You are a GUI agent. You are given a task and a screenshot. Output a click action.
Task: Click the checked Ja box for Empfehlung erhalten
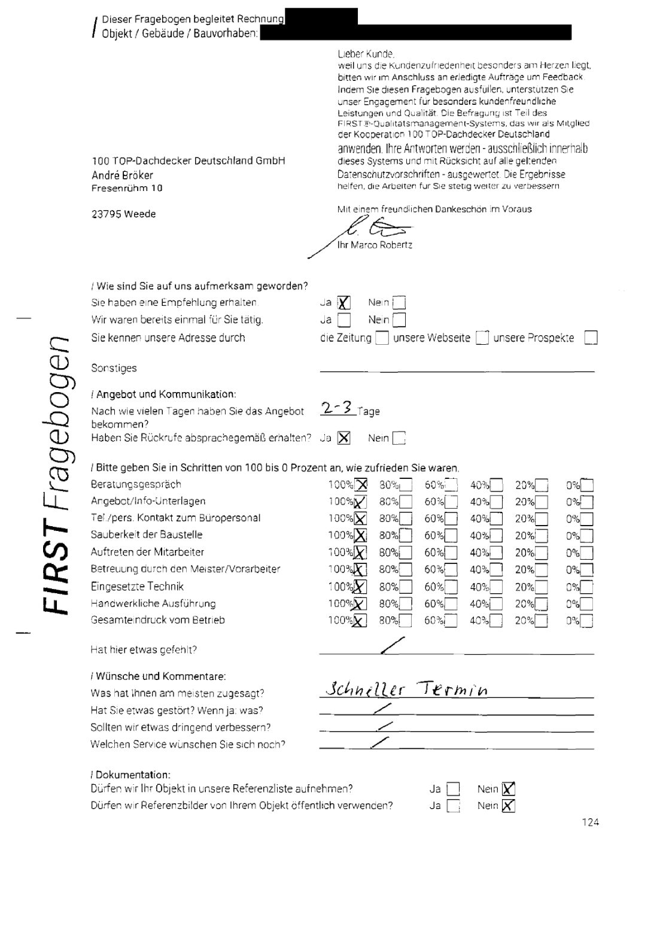point(344,303)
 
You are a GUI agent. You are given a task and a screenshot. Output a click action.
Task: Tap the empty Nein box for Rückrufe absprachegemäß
point(399,439)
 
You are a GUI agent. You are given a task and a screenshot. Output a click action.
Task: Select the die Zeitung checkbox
point(382,338)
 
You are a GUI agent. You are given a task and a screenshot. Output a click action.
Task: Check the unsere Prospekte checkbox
point(591,338)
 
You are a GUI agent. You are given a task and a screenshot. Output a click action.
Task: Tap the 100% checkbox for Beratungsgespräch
point(361,485)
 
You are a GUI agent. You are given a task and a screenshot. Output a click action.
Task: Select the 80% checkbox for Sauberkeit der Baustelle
point(406,536)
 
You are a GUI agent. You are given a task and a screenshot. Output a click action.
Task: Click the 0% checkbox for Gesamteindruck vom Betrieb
point(587,621)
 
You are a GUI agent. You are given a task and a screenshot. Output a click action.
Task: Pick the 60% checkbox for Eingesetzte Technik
point(451,587)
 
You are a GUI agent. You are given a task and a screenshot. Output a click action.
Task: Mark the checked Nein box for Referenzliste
point(509,789)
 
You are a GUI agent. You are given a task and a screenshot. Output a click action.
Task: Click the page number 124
point(590,822)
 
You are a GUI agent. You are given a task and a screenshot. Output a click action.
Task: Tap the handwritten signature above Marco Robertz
point(377,228)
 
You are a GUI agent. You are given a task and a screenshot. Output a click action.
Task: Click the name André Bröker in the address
point(122,175)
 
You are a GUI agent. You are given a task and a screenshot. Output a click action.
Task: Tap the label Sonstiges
point(114,368)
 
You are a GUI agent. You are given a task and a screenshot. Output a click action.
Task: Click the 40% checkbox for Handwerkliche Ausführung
point(496,604)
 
